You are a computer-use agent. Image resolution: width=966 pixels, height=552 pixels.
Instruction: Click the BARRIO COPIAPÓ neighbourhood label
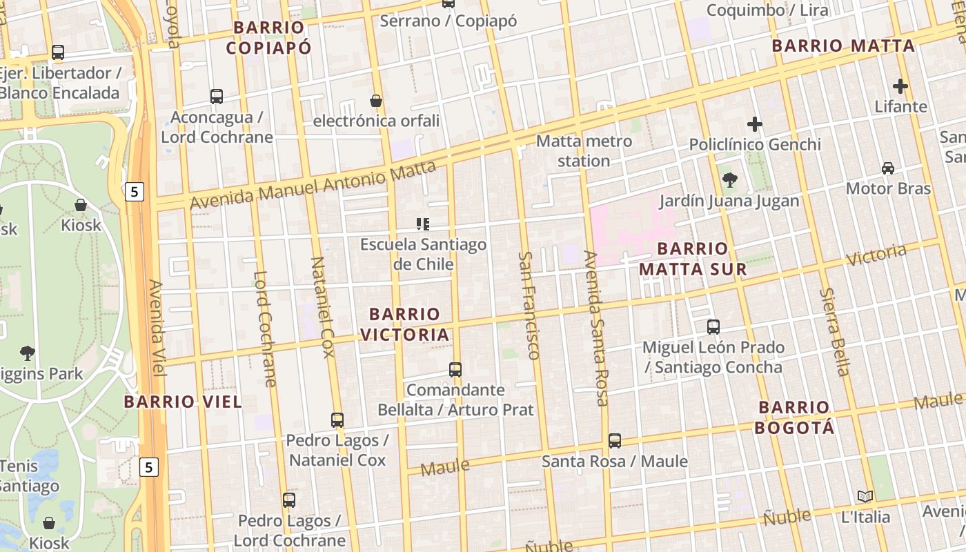click(x=268, y=37)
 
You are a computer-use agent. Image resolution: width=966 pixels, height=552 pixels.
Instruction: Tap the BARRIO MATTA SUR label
click(x=693, y=259)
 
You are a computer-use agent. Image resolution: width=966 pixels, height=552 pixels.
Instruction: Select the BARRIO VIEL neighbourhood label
click(x=183, y=402)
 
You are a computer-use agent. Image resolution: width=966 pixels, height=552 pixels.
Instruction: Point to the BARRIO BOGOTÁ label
click(x=794, y=417)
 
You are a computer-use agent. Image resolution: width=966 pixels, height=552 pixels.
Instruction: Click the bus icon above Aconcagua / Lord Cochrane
click(x=217, y=97)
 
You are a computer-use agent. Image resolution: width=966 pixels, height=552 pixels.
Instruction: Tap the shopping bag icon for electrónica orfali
click(x=376, y=101)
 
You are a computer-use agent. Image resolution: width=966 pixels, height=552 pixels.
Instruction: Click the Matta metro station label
click(x=584, y=151)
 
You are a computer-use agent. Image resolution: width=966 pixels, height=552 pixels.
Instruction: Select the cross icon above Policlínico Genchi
click(x=755, y=125)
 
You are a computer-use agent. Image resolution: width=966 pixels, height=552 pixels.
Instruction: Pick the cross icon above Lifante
click(x=900, y=87)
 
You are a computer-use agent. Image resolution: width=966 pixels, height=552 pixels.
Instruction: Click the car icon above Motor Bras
click(x=888, y=168)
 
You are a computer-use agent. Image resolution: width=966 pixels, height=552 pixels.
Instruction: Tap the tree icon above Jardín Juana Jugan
click(x=729, y=181)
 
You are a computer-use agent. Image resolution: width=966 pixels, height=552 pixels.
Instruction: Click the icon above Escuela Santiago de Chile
click(x=423, y=224)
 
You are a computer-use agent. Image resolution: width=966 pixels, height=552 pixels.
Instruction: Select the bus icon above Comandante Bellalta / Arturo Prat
click(x=455, y=370)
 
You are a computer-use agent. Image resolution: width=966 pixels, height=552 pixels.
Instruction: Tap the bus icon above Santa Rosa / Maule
click(x=615, y=441)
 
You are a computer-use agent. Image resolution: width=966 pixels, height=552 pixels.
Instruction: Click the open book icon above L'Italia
click(x=865, y=497)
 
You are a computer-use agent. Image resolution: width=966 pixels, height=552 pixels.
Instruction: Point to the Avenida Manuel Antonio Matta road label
click(x=313, y=186)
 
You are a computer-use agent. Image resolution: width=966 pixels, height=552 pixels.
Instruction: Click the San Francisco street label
click(x=529, y=305)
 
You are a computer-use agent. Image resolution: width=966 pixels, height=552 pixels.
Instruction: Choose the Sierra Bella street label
click(x=834, y=332)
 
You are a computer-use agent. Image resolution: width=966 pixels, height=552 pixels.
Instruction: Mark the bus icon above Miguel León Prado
click(x=713, y=327)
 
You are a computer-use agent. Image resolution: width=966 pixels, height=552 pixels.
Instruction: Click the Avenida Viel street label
click(x=157, y=328)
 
